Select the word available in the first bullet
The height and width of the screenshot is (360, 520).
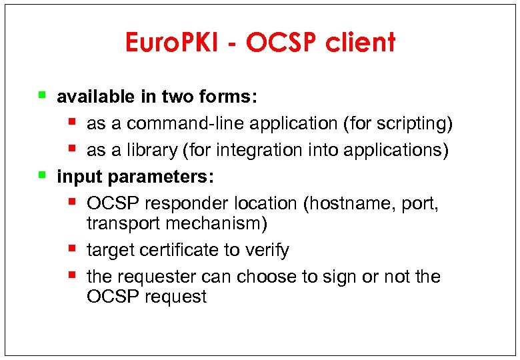pyautogui.click(x=95, y=97)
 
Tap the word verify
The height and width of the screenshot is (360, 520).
pyautogui.click(x=266, y=250)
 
